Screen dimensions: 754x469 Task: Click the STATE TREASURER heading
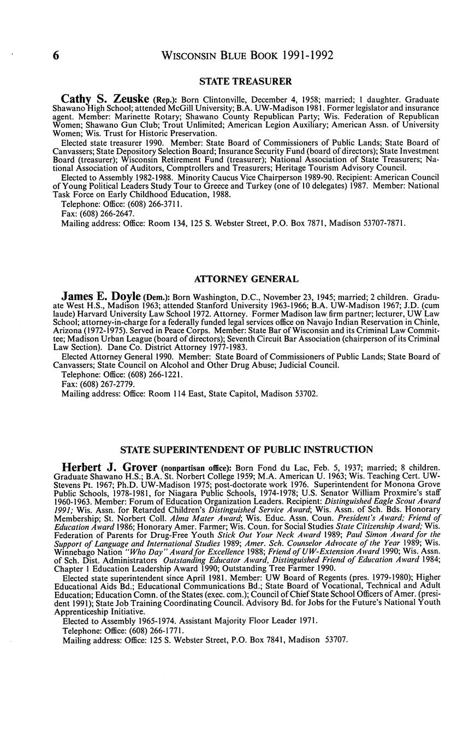coord(246,81)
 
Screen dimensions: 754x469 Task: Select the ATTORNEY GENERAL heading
coord(246,279)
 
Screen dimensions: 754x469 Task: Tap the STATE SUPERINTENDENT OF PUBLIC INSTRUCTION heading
coord(246,450)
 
